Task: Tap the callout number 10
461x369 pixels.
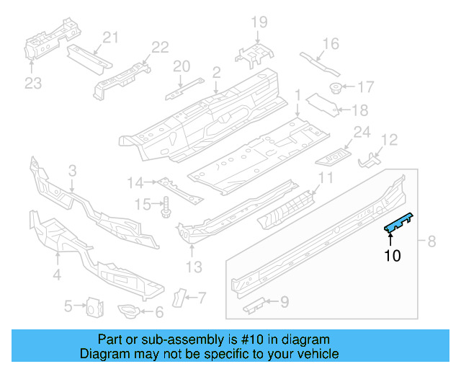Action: coord(392,254)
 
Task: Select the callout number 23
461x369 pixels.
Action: coord(33,84)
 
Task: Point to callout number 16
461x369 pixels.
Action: coord(330,44)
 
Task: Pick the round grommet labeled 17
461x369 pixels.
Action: coord(336,88)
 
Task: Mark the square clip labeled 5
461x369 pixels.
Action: coord(93,306)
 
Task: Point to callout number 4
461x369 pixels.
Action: coord(56,274)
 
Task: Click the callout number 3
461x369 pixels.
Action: coord(72,171)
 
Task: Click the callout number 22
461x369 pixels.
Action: coord(160,48)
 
